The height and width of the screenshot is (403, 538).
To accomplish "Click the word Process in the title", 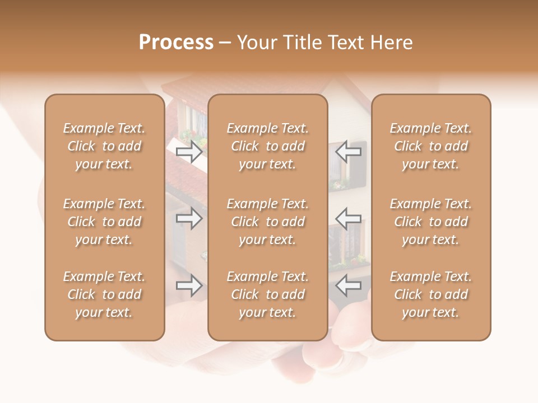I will (x=176, y=43).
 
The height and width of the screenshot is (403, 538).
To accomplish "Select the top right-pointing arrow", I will (x=189, y=152).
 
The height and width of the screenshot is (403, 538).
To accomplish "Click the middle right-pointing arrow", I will (x=189, y=218).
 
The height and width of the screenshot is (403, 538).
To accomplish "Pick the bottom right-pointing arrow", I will (x=189, y=285).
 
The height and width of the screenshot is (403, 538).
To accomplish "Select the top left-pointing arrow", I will (x=348, y=152).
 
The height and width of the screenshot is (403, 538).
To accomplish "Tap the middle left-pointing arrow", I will (x=348, y=218).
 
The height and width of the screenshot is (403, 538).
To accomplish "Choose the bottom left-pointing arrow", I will (x=348, y=285).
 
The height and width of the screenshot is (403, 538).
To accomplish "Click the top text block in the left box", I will (x=104, y=146).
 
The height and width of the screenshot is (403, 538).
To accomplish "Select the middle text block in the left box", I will (x=104, y=222).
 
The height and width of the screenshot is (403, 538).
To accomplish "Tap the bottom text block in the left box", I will (x=104, y=294).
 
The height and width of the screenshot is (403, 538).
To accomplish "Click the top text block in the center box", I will (x=267, y=146).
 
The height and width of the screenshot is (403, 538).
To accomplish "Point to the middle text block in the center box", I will (x=267, y=222).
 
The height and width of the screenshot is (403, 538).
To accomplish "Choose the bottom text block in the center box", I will (x=267, y=294).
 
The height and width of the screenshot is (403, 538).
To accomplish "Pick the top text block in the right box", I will (x=431, y=146).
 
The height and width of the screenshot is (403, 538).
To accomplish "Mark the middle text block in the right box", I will (x=431, y=222).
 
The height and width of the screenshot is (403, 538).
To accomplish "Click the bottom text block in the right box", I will (x=431, y=294).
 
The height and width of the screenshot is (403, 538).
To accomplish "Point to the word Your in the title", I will (x=256, y=43).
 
